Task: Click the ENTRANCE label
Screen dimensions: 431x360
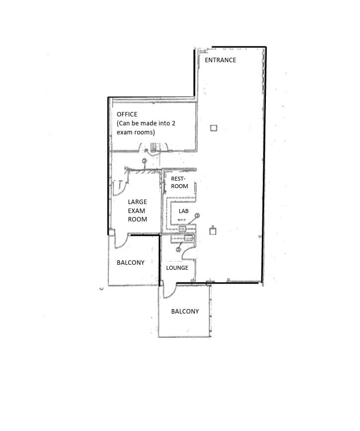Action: (x=220, y=60)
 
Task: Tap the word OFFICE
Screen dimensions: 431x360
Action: (x=127, y=114)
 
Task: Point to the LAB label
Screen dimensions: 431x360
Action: (x=184, y=211)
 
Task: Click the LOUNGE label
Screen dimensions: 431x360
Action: (x=177, y=268)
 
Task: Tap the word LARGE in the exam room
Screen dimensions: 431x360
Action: (x=137, y=202)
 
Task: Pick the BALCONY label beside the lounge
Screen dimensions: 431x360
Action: (x=130, y=263)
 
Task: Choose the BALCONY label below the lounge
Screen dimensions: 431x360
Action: (x=185, y=312)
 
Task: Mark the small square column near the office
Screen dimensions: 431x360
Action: (x=214, y=128)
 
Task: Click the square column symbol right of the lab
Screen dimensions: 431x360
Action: (x=213, y=230)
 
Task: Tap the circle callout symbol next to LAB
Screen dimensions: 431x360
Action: (x=197, y=215)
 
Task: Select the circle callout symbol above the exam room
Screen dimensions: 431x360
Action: (x=144, y=161)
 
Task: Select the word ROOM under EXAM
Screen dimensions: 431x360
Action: (x=137, y=219)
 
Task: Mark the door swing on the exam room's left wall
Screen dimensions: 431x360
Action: (x=120, y=187)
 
